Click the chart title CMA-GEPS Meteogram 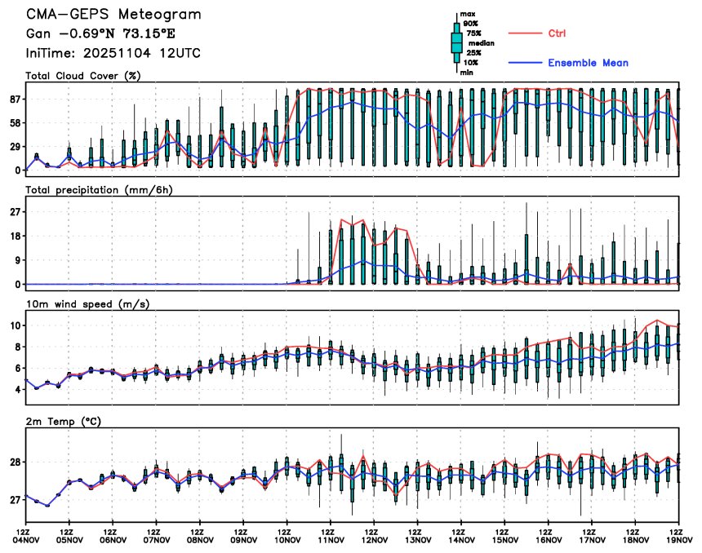click(113, 15)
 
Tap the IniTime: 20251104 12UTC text click(113, 53)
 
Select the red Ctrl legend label click(557, 33)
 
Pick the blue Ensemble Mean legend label click(588, 63)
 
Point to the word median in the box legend click(479, 43)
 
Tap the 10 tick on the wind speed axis click(14, 325)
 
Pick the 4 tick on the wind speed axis click(16, 390)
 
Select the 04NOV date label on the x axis click(26, 539)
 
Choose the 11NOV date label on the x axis click(331, 539)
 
